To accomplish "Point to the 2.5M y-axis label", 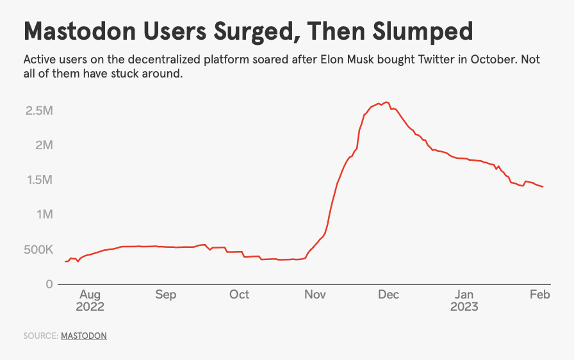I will (x=38, y=111).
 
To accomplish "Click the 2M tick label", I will (x=44, y=145).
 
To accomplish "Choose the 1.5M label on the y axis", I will (x=38, y=180).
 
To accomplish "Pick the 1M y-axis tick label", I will (x=44, y=215).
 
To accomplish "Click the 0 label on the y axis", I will (x=49, y=284).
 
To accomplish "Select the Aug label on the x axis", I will (x=90, y=295).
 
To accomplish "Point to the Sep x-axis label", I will (x=165, y=295).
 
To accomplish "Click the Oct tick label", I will (x=239, y=295).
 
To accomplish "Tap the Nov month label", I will (x=315, y=295).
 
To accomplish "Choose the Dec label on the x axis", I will (x=388, y=295).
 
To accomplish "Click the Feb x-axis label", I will (x=539, y=295).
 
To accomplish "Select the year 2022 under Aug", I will (x=90, y=307).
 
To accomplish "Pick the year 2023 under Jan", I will (x=464, y=307).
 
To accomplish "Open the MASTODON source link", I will (x=83, y=336).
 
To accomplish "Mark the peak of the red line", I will (x=386, y=102).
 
